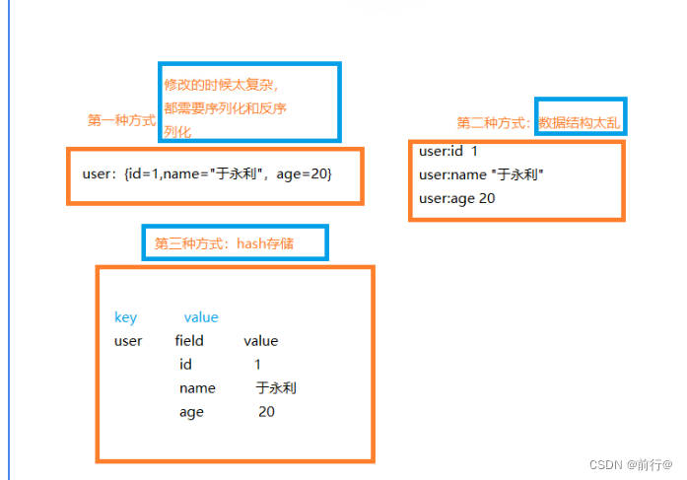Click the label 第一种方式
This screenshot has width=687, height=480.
[x=121, y=120]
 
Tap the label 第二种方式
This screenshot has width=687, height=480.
[x=495, y=123]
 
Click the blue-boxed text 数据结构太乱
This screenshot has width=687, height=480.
[x=581, y=123]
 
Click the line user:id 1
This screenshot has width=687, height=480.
[x=448, y=152]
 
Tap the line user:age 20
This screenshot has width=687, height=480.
[x=457, y=198]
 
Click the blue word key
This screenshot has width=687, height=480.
[x=125, y=317]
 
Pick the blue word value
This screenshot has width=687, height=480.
[x=201, y=317]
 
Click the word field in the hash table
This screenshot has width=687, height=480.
[x=189, y=341]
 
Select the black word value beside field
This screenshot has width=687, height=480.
[x=261, y=341]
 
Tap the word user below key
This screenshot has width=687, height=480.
[x=128, y=341]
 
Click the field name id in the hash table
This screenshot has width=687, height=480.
[x=185, y=365]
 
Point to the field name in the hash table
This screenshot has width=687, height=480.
[x=197, y=388]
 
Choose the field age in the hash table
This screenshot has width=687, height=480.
[x=191, y=412]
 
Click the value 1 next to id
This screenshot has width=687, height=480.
[x=258, y=365]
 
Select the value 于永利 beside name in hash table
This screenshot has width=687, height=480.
[x=276, y=388]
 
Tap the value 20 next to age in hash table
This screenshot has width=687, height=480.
[x=266, y=412]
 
